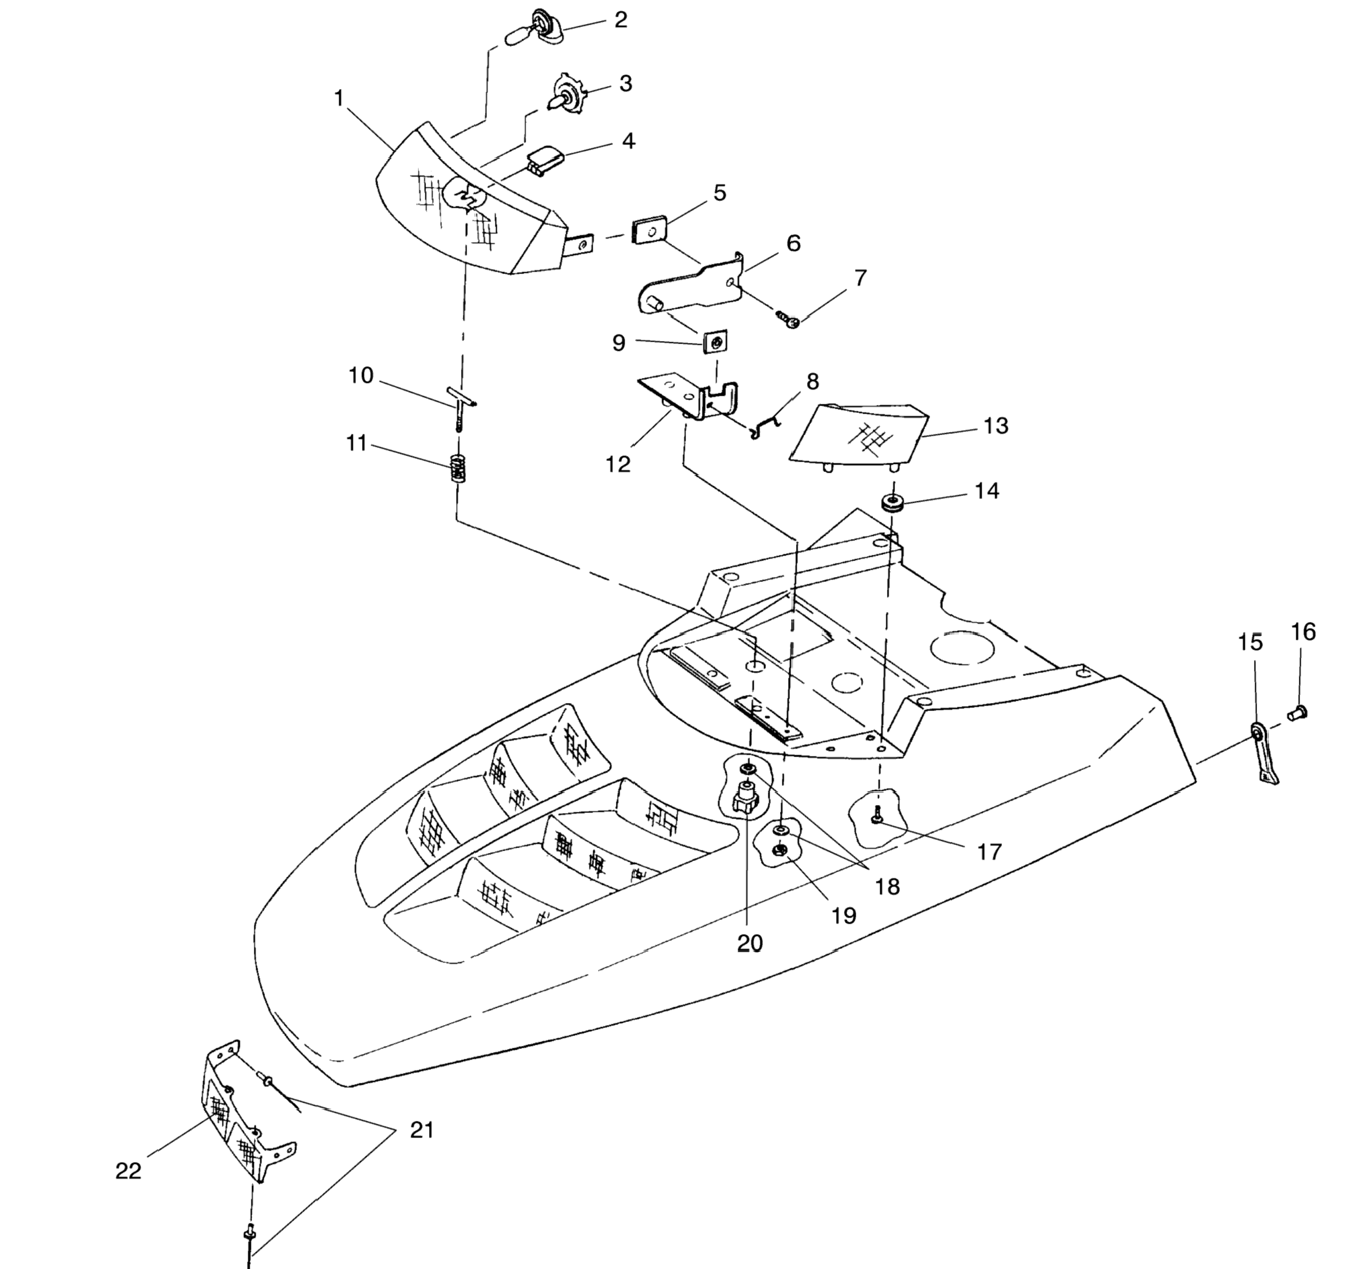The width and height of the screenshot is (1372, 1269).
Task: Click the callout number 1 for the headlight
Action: coord(338,99)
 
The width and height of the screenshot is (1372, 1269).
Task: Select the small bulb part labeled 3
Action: coord(566,95)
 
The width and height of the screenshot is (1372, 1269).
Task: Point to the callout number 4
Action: coord(628,141)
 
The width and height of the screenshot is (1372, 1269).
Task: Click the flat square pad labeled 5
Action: coord(649,230)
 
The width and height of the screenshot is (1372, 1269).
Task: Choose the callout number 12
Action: coord(618,464)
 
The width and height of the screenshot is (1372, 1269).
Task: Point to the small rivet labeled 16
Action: coord(1296,713)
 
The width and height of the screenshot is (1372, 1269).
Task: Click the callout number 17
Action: coord(989,852)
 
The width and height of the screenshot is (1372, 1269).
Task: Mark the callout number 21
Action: coord(422,1130)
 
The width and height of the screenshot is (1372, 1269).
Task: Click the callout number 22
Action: coord(128,1171)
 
